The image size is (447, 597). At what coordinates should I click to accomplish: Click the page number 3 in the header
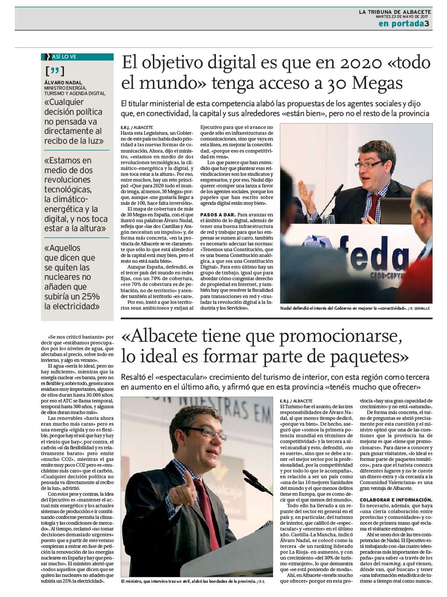point(427,24)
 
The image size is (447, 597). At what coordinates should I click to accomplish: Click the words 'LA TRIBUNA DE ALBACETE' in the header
point(395,12)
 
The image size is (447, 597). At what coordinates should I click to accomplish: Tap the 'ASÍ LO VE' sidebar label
point(64,57)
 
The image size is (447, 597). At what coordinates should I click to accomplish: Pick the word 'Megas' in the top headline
point(377,83)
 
